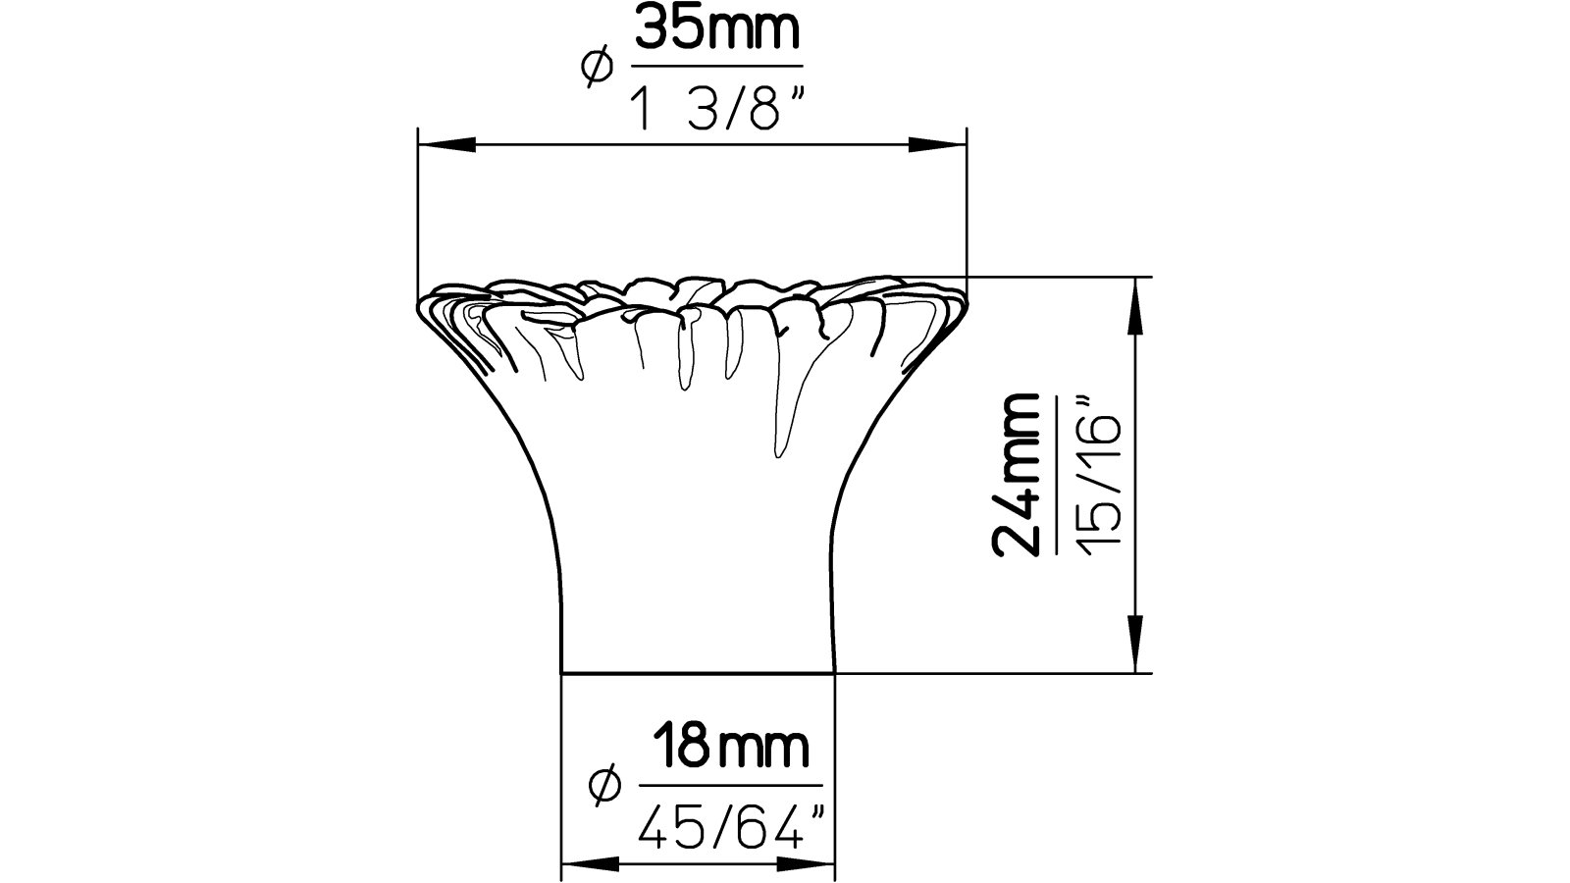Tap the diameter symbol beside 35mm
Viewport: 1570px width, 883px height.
click(x=597, y=69)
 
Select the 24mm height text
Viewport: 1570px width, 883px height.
click(x=1018, y=475)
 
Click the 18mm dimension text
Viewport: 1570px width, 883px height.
click(x=730, y=749)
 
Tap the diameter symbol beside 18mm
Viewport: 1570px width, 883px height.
click(x=604, y=785)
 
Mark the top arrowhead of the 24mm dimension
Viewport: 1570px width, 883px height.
click(x=1135, y=304)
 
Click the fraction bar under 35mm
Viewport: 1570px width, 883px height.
click(x=717, y=67)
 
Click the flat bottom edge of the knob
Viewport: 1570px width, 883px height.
click(x=698, y=673)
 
